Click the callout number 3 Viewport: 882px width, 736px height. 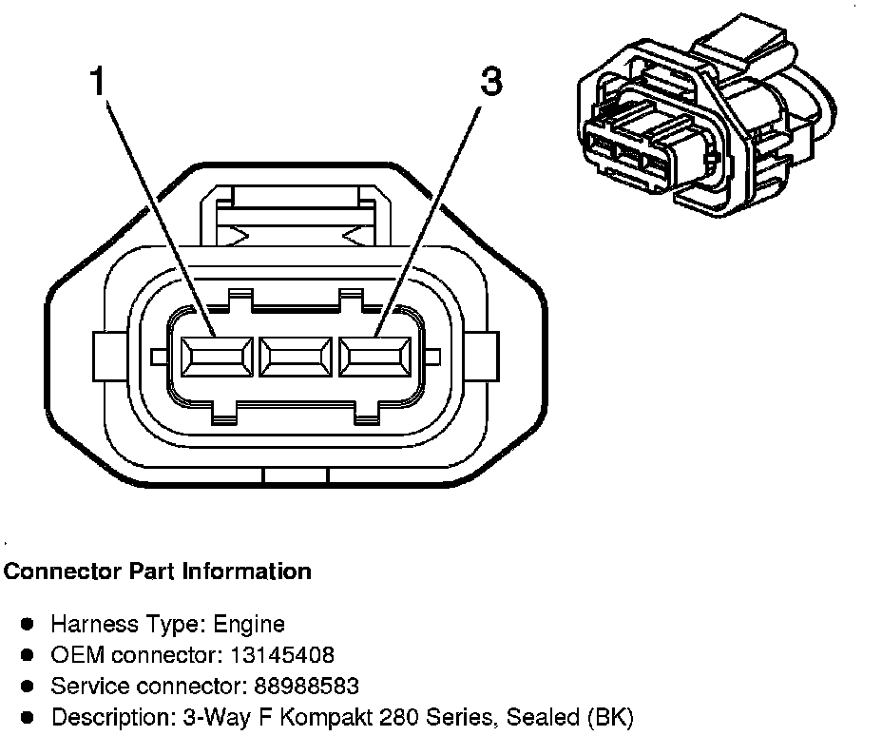tap(490, 82)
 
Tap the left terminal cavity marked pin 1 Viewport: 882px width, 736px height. tap(216, 359)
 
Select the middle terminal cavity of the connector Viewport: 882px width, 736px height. tap(296, 359)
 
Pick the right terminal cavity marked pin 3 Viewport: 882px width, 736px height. tap(375, 359)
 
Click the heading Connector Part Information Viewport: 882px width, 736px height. tap(158, 571)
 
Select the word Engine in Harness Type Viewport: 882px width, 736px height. tap(249, 625)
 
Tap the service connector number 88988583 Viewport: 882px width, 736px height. tap(306, 686)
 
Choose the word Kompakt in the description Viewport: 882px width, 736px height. tap(306, 716)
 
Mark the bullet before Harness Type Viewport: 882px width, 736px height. tap(28, 624)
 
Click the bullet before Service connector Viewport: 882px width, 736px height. tap(28, 685)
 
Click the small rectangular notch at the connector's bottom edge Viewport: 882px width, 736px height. tap(295, 475)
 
